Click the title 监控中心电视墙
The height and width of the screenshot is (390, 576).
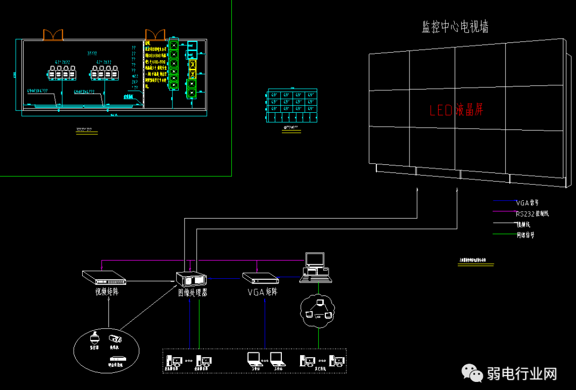455,27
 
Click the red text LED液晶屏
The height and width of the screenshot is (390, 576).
457,110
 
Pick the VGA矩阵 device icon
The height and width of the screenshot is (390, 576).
260,278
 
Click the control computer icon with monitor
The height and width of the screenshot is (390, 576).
315,267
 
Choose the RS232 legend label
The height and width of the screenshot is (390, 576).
533,214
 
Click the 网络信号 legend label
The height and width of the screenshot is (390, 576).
526,235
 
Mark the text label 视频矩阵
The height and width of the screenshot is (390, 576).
103,293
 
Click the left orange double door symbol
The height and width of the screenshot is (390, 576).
53,34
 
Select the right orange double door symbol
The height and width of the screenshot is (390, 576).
155,34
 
